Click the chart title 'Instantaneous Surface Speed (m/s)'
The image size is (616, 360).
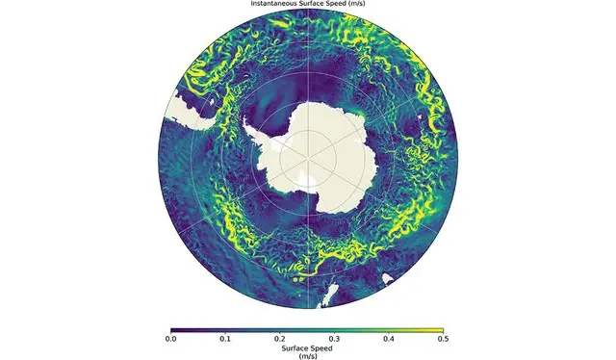308,4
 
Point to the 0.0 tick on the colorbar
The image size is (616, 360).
171,339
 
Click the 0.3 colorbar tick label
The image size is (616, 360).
335,339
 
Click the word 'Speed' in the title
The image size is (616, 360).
338,4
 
